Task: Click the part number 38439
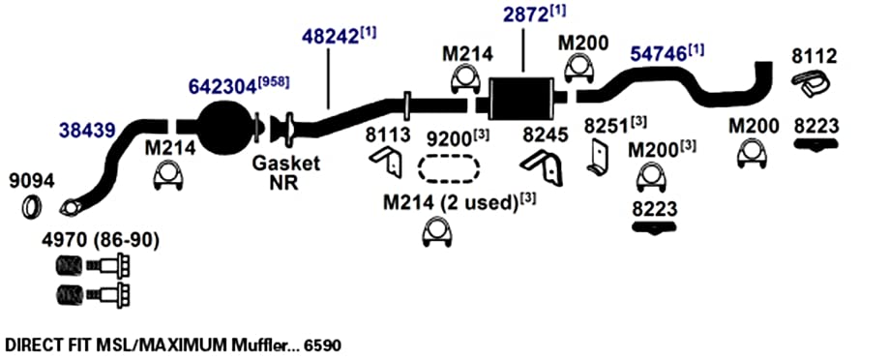coord(87,130)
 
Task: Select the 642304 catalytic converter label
coord(222,87)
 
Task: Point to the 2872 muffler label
coord(524,15)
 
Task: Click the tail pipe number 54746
coord(659,53)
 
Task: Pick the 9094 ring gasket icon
coord(31,206)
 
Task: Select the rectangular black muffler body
coord(520,98)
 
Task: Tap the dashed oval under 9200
coord(449,168)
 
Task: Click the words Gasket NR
coord(286,173)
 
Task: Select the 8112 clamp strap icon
coord(811,83)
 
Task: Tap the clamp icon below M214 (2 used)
coord(437,233)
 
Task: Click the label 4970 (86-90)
coord(100,240)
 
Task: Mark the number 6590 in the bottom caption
coord(322,345)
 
